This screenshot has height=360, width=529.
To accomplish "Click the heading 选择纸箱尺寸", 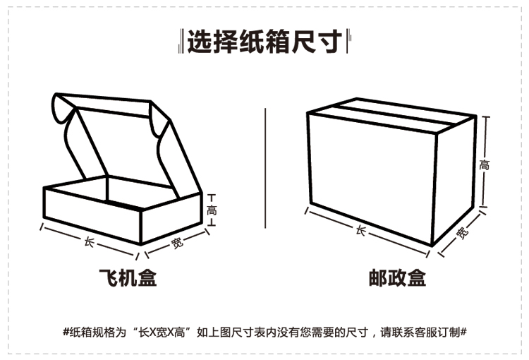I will (264, 42).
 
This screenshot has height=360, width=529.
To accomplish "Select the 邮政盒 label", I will (397, 278).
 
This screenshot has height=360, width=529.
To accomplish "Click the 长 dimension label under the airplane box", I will (89, 241).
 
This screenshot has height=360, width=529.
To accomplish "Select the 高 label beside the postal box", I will (484, 166).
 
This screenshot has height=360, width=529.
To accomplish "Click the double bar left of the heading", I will (181, 42).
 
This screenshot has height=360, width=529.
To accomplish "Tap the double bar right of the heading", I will (347, 42).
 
